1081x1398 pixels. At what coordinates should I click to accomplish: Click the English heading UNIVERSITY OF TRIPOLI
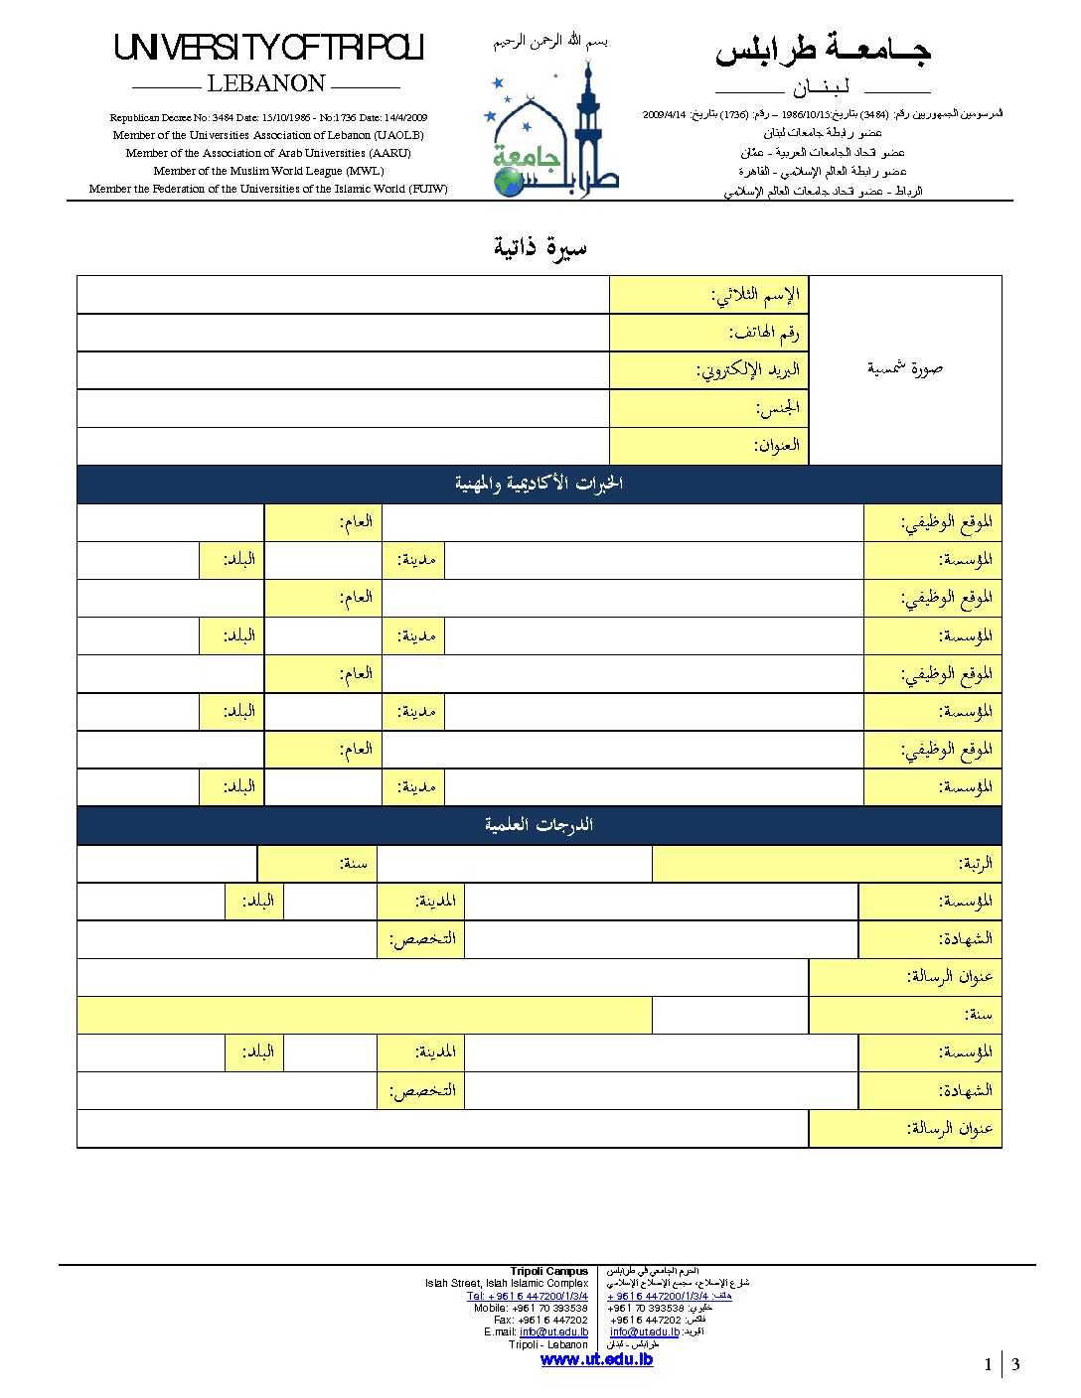(x=269, y=48)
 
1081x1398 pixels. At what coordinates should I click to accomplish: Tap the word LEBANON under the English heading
(x=266, y=83)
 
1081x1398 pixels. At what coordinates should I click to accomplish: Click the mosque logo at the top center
(x=555, y=129)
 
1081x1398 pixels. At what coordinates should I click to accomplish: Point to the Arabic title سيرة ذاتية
(x=540, y=247)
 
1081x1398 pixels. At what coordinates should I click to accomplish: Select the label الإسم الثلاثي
(x=755, y=295)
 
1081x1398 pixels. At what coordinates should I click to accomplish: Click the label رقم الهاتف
(x=764, y=333)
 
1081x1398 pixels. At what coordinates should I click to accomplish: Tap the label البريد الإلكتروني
(x=747, y=370)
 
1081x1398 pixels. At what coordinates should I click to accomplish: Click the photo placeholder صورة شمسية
(x=904, y=368)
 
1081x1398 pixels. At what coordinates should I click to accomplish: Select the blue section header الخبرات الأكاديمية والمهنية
(x=539, y=484)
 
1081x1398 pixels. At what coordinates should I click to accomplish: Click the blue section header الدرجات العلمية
(x=539, y=825)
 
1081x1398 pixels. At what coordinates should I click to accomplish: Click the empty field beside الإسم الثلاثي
(x=343, y=295)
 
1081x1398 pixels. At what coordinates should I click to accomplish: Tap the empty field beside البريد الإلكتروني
(x=343, y=370)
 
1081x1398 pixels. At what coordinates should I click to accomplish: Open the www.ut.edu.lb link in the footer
(x=596, y=1359)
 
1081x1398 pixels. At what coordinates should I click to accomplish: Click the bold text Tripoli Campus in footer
(x=548, y=1271)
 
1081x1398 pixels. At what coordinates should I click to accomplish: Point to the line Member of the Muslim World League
(x=268, y=171)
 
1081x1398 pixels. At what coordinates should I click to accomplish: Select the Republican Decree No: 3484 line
(x=268, y=117)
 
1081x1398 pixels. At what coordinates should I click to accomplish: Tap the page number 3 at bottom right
(x=1015, y=1364)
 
